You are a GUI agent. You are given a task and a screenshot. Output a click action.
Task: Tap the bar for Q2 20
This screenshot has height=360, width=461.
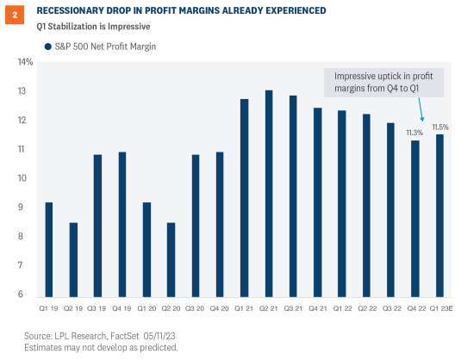pyautogui.click(x=171, y=258)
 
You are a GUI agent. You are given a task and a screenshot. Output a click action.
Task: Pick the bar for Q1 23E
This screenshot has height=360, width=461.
pyautogui.click(x=440, y=214)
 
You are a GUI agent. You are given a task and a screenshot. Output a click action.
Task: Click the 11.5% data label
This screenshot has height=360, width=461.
pyautogui.click(x=440, y=127)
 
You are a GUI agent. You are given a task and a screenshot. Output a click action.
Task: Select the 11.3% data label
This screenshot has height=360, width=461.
pyautogui.click(x=415, y=133)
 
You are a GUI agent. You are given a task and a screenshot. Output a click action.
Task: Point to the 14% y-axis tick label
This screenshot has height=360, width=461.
pyautogui.click(x=25, y=62)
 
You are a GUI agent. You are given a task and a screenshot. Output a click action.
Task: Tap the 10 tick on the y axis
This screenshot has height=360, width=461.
pyautogui.click(x=28, y=178)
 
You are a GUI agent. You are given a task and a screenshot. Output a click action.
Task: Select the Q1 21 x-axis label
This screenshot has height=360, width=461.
pyautogui.click(x=244, y=307)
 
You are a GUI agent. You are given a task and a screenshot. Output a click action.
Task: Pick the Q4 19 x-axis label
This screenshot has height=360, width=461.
pyautogui.click(x=121, y=307)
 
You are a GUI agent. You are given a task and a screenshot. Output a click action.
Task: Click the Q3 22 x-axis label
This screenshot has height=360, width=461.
pyautogui.click(x=391, y=307)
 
